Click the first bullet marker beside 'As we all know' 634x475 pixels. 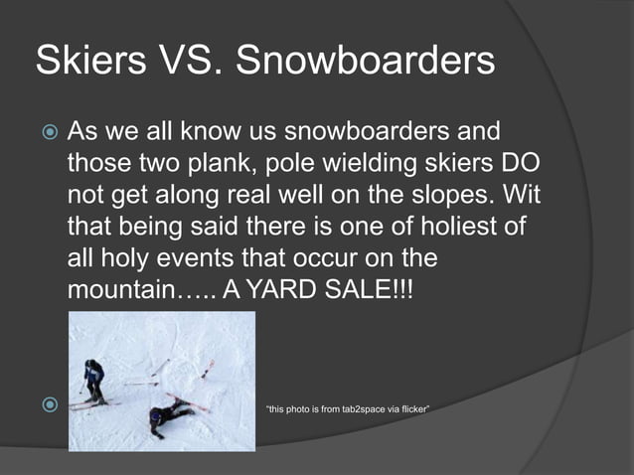[46, 132]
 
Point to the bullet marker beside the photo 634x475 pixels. [46, 405]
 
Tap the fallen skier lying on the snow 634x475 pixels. [165, 416]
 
